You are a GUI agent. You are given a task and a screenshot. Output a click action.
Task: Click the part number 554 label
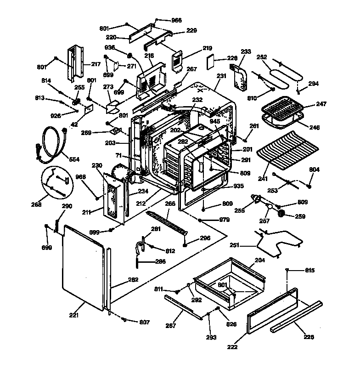(74, 159)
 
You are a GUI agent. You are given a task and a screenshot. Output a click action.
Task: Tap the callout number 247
(321, 105)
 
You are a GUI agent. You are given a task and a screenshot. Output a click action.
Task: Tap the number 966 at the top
(163, 20)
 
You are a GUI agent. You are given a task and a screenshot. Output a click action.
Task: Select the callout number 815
(309, 270)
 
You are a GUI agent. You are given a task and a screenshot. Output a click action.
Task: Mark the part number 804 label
(315, 170)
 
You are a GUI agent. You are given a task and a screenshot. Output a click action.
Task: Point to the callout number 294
(313, 84)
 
